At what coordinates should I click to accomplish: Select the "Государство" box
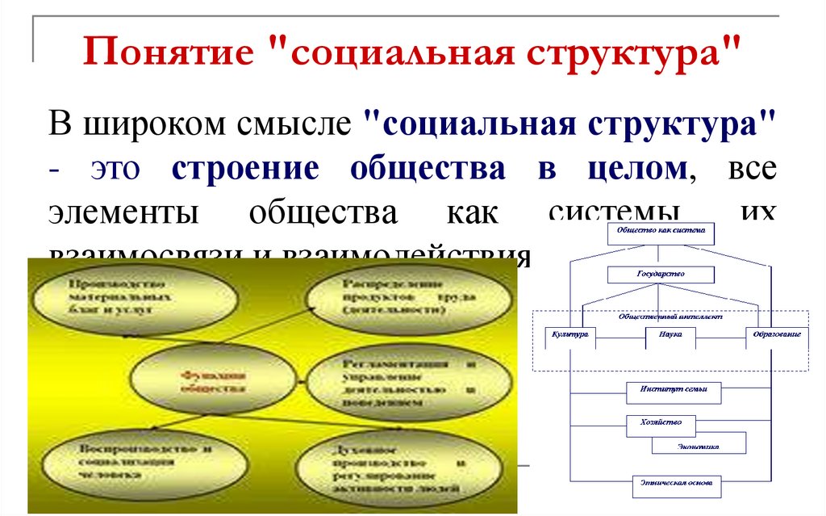(x=660, y=275)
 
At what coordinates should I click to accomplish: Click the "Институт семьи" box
(x=673, y=390)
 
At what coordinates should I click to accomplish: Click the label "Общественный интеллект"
(x=670, y=317)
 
